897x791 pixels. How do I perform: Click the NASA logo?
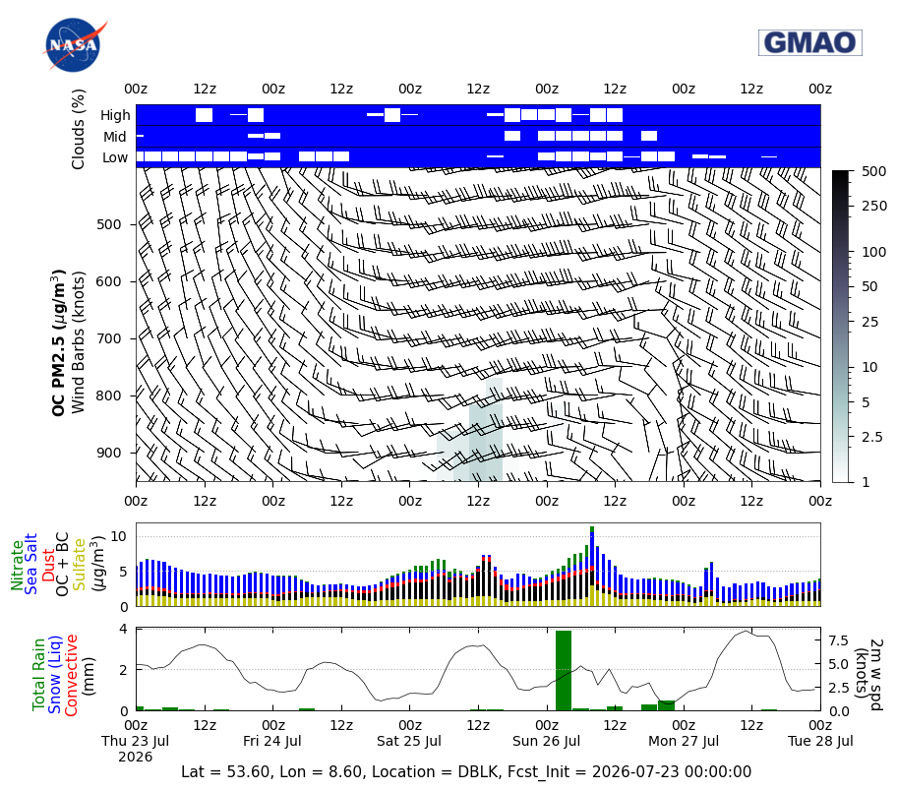click(x=73, y=45)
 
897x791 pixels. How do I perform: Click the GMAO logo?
click(x=810, y=43)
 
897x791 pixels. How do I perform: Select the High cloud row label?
click(x=115, y=115)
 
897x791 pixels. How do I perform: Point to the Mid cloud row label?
click(x=115, y=137)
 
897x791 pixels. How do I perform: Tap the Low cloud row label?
click(x=115, y=157)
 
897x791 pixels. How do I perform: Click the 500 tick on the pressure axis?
click(x=109, y=224)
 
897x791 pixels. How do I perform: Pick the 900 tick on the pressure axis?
click(x=109, y=453)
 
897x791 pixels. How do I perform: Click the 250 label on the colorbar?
click(x=874, y=206)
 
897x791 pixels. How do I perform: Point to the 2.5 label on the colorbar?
click(x=872, y=437)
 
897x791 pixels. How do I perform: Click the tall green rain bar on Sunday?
click(x=564, y=670)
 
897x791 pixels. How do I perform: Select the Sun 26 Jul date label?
click(x=546, y=741)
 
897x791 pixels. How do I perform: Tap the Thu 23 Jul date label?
click(x=136, y=741)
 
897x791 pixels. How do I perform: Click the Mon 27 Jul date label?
click(x=683, y=741)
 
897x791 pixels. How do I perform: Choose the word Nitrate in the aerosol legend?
click(x=17, y=565)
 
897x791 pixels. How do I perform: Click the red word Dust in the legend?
click(x=48, y=565)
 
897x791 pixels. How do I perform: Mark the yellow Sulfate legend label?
click(x=79, y=565)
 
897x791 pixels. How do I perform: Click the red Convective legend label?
click(x=71, y=675)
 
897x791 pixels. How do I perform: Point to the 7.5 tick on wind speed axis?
click(x=838, y=641)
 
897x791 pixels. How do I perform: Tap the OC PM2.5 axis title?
click(x=58, y=342)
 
